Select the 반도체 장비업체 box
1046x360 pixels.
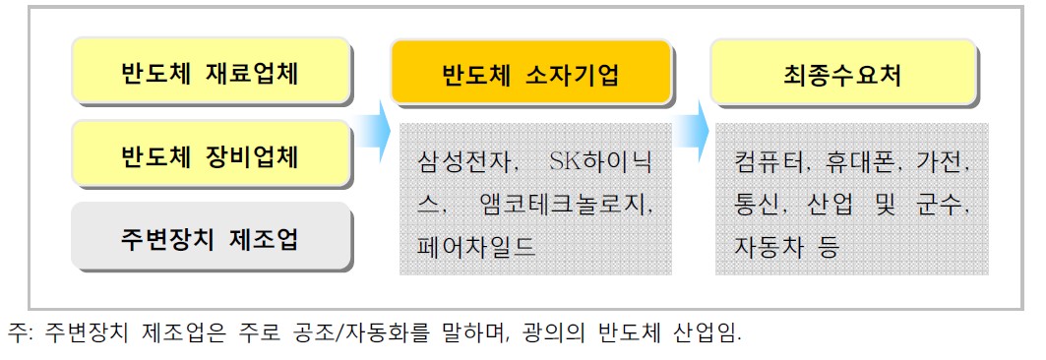pos(211,155)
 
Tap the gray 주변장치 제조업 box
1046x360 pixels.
pos(211,237)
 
